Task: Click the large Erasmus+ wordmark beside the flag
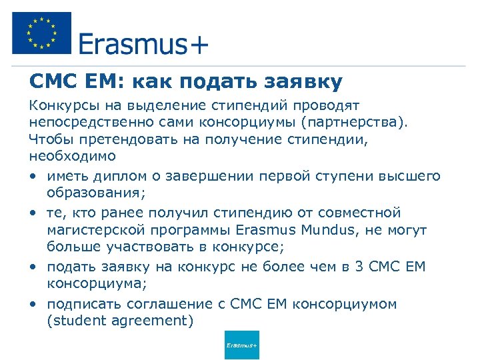pos(143,44)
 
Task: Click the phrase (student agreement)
pos(119,321)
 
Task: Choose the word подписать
pos(79,304)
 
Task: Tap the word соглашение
pos(153,304)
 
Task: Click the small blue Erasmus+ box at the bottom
pos(242,345)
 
